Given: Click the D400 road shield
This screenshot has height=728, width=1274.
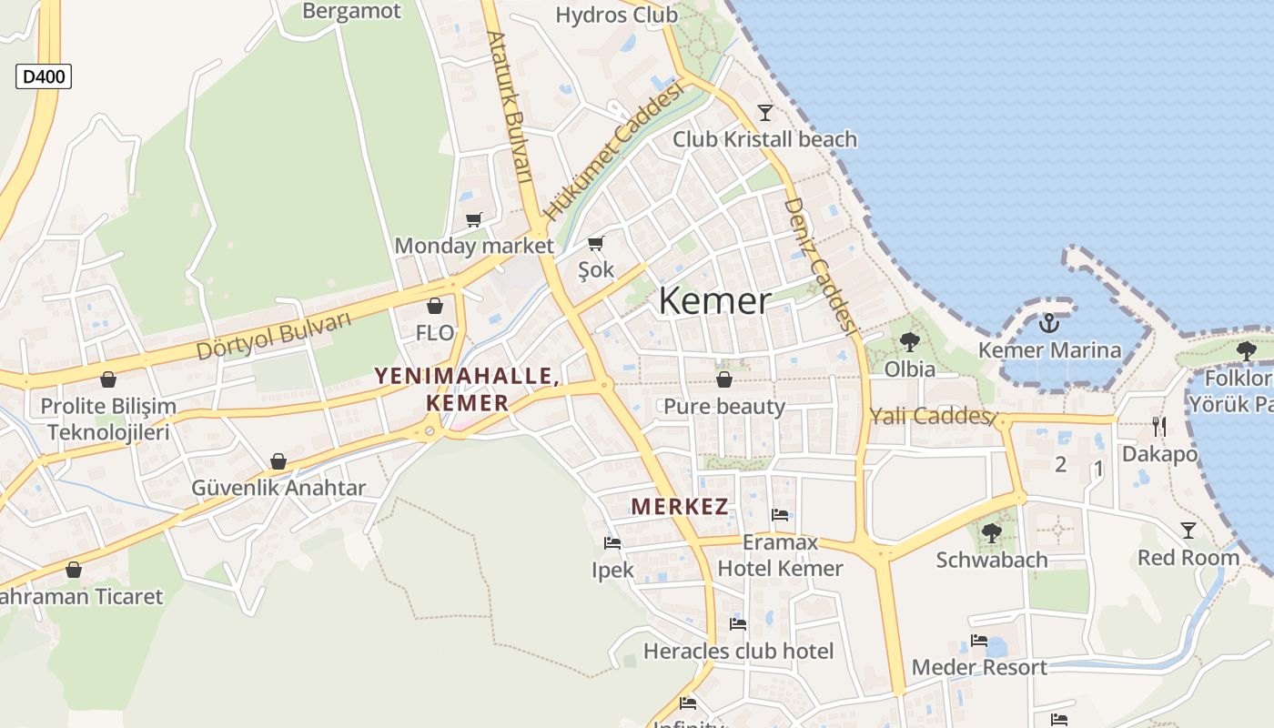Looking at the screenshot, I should point(44,76).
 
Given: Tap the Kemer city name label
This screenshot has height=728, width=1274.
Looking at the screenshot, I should point(714,301).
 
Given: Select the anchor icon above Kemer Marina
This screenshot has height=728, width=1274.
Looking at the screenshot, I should point(1050,323).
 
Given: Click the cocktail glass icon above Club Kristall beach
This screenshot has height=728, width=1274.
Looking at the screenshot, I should point(764,113).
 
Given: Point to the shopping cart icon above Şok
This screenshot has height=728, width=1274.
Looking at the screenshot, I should point(596,243).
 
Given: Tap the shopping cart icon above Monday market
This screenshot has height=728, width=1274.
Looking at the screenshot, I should point(473,219).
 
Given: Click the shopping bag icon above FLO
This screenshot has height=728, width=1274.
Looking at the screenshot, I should point(435,306).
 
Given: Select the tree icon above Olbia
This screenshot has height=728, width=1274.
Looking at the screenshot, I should point(909,342).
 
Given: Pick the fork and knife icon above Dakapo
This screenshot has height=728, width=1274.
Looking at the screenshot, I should point(1158,426).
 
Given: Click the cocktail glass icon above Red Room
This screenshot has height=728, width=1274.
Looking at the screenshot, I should point(1188,530).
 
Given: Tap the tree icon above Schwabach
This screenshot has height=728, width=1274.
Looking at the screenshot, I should point(992,532).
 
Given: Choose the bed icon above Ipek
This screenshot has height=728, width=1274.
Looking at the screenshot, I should point(612,543).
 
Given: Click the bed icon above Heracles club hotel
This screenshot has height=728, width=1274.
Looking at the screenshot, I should point(738,624).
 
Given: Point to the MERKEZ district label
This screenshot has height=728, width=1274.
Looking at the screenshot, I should point(680,507).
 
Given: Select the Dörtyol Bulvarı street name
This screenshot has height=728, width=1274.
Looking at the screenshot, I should point(273,336).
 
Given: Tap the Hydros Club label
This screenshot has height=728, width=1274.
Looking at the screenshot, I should point(616,15).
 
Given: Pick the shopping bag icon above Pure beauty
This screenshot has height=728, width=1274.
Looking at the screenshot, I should point(724,379).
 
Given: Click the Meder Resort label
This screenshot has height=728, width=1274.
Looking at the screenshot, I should point(979,667).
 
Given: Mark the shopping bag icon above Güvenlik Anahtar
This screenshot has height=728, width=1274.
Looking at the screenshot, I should point(278,461).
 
